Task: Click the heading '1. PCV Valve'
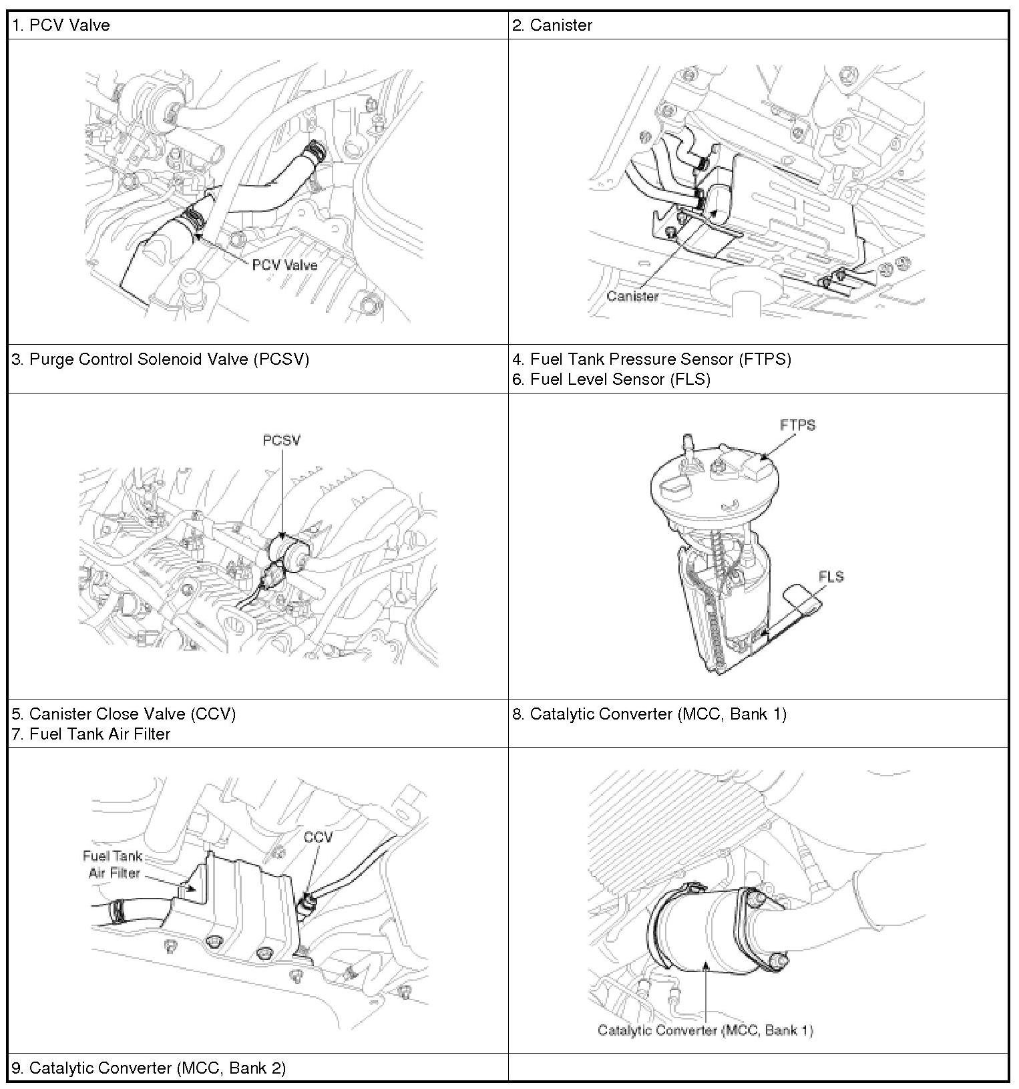61,25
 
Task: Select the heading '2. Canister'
552,25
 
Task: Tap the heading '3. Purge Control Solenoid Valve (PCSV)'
160,359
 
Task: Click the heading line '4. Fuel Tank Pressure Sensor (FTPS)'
652,359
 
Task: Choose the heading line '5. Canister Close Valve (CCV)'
124,714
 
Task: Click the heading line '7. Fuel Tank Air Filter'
91,734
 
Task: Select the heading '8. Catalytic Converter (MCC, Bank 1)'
650,714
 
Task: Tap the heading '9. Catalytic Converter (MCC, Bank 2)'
149,1068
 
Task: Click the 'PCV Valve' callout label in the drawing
284,265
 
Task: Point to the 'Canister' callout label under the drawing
632,296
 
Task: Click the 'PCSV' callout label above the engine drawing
281,441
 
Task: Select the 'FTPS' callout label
797,425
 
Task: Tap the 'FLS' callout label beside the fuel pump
831,576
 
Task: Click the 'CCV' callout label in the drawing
317,837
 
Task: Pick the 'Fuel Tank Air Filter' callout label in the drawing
113,865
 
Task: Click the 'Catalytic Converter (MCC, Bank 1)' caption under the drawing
705,1030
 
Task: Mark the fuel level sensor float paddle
804,598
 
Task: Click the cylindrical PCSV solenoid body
288,551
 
